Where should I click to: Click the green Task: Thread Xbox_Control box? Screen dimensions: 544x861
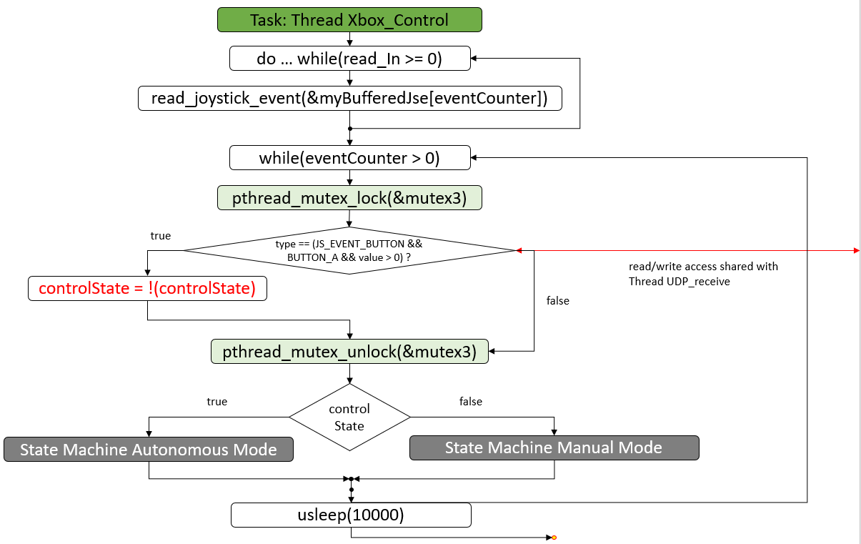[x=349, y=19]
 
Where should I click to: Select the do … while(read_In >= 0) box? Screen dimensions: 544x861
[x=349, y=59]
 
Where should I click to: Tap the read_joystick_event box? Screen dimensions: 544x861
[x=349, y=98]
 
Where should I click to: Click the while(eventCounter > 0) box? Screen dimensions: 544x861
[x=349, y=158]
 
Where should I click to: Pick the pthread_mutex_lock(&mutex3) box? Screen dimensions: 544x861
[x=349, y=198]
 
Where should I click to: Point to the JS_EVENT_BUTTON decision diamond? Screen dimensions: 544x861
[x=349, y=250]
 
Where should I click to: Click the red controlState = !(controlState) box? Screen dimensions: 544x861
[x=147, y=289]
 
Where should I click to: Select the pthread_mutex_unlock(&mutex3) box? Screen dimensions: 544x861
[x=349, y=351]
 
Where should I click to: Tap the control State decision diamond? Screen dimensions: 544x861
[x=349, y=417]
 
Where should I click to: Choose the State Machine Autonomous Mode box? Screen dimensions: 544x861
[x=149, y=450]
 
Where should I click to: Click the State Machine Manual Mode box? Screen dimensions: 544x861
[x=554, y=447]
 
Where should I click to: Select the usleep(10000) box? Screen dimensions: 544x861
[x=351, y=515]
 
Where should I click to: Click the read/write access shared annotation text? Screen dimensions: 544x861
[x=703, y=274]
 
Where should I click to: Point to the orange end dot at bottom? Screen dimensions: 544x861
[x=554, y=538]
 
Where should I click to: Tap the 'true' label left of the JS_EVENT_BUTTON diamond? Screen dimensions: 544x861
[x=161, y=236]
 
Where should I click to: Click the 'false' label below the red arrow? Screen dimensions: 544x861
[x=558, y=301]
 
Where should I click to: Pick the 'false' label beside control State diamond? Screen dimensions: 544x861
[x=471, y=402]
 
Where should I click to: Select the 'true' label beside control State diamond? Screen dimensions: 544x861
[x=217, y=402]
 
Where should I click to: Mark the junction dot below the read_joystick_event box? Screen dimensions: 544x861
[x=349, y=129]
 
